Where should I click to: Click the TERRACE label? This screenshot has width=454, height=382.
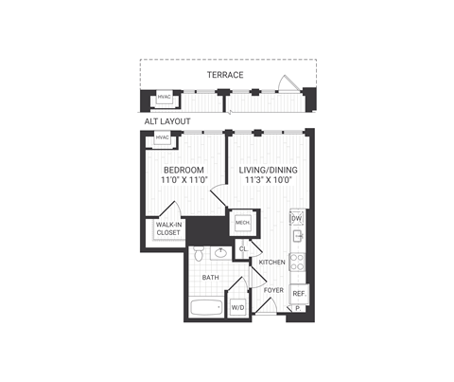227,75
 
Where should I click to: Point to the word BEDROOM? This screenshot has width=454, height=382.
182,170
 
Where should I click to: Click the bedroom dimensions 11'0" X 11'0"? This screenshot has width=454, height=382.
182,181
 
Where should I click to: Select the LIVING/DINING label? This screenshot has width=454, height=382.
266,170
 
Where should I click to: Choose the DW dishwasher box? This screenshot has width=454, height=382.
296,219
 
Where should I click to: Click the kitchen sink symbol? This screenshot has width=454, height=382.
296,238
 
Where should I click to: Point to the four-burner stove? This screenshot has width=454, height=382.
296,261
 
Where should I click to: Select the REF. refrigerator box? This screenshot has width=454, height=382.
298,294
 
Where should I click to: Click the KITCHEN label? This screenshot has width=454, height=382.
272,262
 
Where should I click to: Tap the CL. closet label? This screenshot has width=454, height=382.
243,249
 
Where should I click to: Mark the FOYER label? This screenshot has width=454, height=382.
274,290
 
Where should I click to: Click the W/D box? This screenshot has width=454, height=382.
238,307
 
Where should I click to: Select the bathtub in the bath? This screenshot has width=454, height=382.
205,307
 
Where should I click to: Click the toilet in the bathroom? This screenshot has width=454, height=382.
200,254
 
